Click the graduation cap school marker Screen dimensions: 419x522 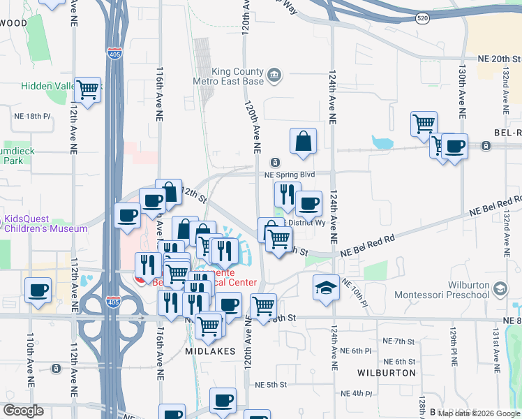click(325, 287)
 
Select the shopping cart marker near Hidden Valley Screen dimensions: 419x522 click(87, 89)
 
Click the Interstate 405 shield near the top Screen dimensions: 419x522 click(115, 53)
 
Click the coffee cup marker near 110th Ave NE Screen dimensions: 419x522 click(38, 289)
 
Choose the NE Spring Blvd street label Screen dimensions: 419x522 click(286, 175)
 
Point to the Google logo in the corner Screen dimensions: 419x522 click(24, 411)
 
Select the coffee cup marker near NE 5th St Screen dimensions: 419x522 click(223, 401)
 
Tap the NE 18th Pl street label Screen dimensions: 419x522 click(33, 116)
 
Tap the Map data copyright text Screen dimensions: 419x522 click(479, 413)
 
